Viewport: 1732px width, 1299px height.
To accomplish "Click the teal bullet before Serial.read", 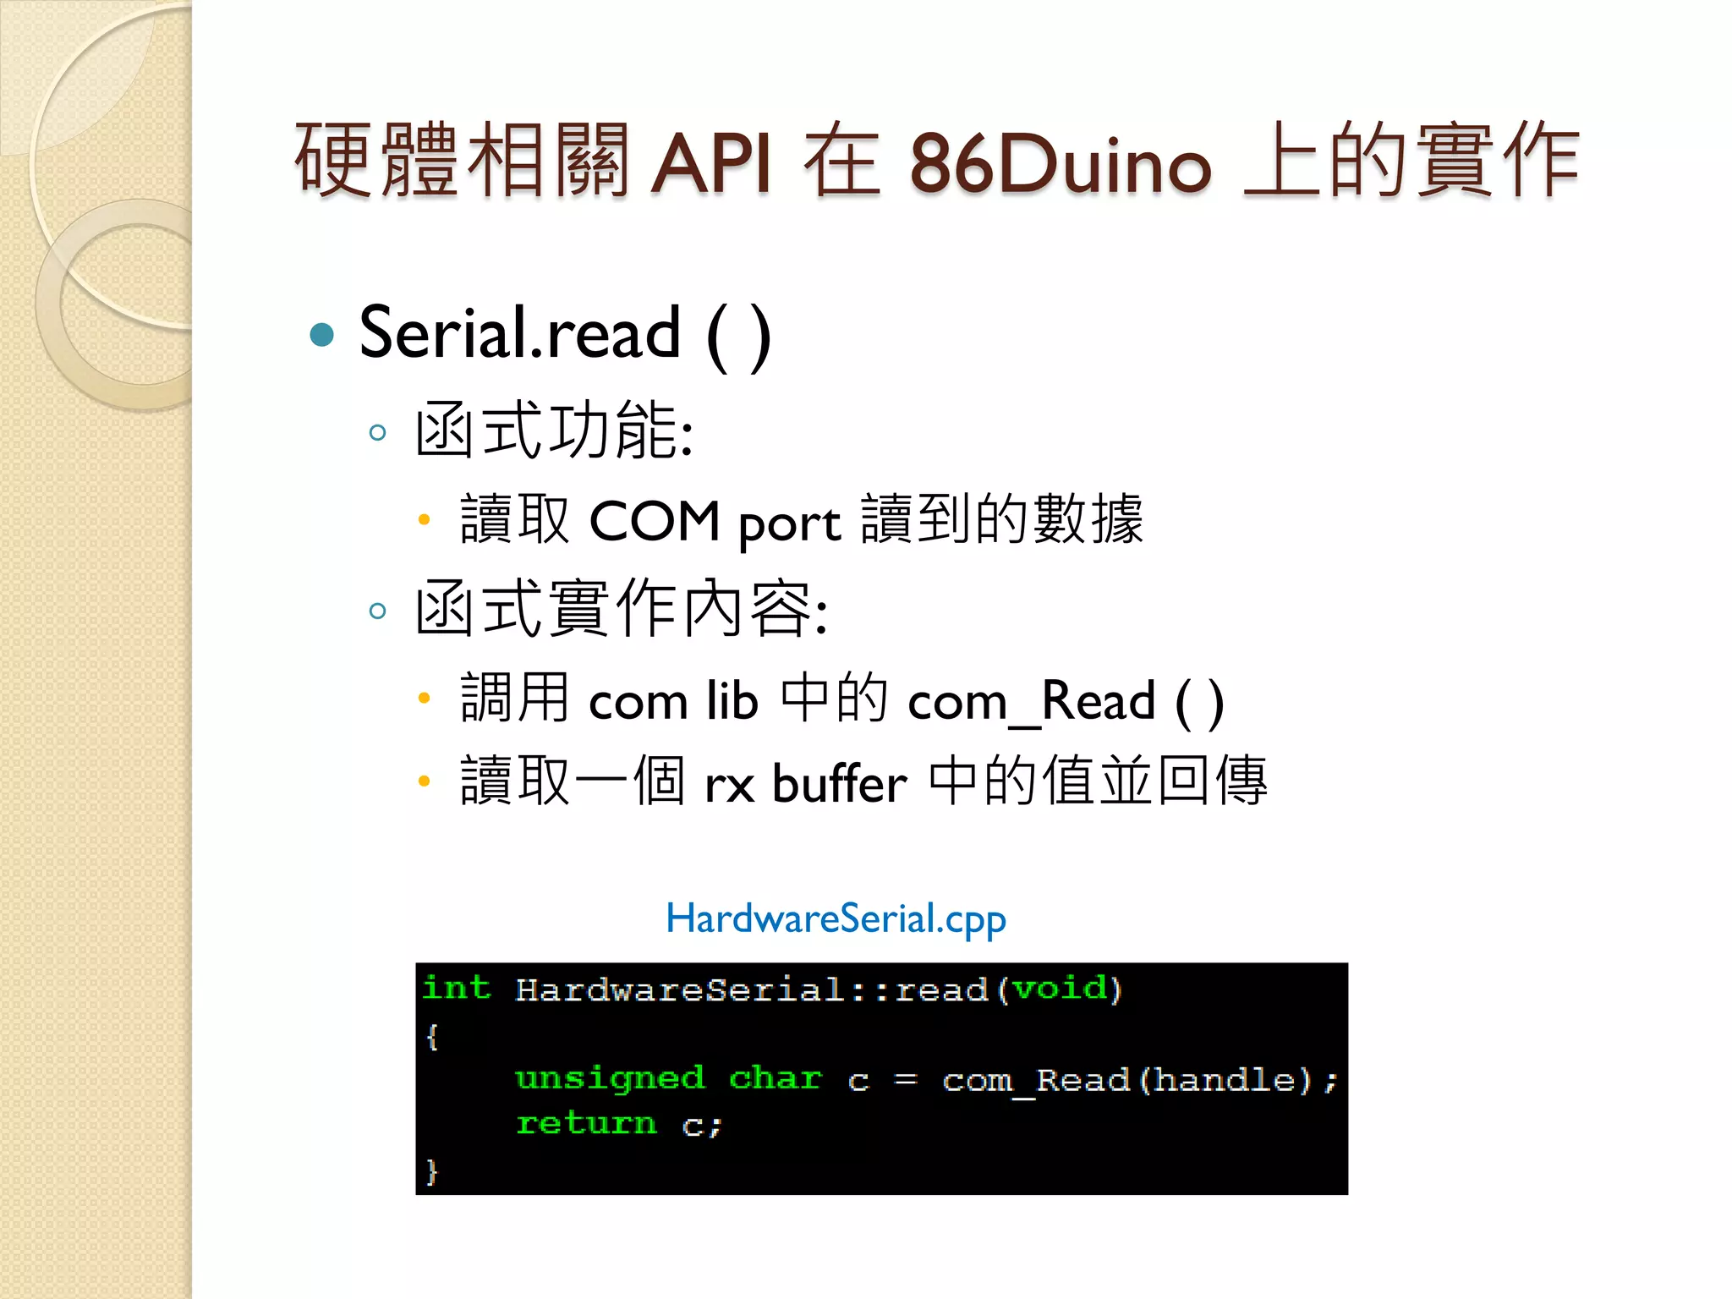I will pyautogui.click(x=322, y=335).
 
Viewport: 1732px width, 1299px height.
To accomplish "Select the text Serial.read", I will pyautogui.click(x=519, y=333).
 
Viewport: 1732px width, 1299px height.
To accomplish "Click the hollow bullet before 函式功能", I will pyautogui.click(x=378, y=433).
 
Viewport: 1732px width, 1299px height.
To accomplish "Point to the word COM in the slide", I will pyautogui.click(x=654, y=521).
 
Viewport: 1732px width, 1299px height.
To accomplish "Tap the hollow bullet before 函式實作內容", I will pyautogui.click(x=378, y=611).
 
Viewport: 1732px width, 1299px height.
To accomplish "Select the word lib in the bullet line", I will pyautogui.click(x=732, y=700).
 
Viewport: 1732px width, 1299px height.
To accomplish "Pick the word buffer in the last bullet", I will pyautogui.click(x=839, y=783).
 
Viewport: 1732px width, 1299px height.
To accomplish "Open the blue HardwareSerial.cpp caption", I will pyautogui.click(x=836, y=918).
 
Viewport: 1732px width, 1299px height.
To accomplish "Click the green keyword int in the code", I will pyautogui.click(x=457, y=988).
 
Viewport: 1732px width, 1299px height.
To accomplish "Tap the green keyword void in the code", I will pyautogui.click(x=1060, y=988).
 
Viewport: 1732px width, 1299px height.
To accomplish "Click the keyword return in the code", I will pyautogui.click(x=586, y=1124).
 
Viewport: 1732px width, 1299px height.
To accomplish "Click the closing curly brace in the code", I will pyautogui.click(x=432, y=1171).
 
